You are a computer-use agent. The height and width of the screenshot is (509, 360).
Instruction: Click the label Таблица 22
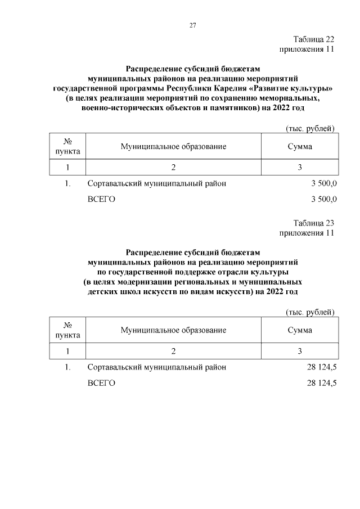pos(314,39)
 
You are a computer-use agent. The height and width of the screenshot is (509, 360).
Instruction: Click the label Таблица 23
pos(314,223)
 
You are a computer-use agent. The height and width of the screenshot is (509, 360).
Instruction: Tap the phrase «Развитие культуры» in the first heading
pos(297,89)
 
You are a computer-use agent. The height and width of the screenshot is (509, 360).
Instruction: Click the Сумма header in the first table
pos(300,147)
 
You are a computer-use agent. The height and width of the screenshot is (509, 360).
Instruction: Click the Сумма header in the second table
pos(300,330)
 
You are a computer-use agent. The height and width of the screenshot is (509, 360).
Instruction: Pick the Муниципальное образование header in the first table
pos(173,147)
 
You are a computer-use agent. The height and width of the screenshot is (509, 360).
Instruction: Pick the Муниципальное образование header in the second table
pos(173,330)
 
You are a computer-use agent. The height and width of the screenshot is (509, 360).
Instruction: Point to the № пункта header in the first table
pos(67,147)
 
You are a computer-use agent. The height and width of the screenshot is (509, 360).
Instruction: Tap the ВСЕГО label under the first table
pos(101,199)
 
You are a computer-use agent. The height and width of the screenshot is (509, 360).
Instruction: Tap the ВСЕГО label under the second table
pos(101,382)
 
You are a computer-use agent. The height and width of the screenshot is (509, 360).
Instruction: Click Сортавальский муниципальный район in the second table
pos(157,367)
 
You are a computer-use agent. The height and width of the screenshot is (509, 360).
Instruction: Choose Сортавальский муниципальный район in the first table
pos(157,184)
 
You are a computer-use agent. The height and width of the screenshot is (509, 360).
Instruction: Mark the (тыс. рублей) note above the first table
pos(310,129)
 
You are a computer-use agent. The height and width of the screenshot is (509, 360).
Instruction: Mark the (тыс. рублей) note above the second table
pos(310,312)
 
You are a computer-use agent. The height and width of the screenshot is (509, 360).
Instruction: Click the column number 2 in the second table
pos(173,351)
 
